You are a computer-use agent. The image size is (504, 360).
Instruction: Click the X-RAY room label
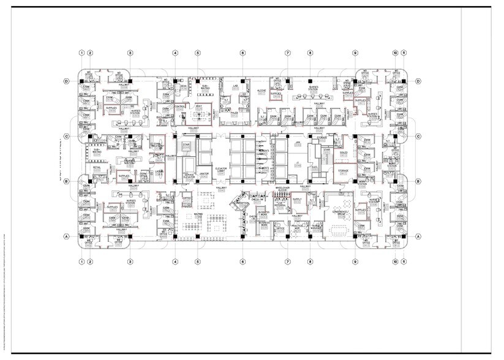(199, 107)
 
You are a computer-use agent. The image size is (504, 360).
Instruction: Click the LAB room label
(235, 86)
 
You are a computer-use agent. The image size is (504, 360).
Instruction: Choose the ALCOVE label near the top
(261, 90)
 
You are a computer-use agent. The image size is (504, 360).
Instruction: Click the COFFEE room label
(187, 198)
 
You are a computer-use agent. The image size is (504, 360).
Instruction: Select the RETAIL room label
(97, 167)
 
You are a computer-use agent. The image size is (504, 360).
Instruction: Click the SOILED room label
(344, 152)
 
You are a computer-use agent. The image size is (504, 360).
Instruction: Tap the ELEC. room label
(315, 167)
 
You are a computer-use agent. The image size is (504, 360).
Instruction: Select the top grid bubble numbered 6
(243, 53)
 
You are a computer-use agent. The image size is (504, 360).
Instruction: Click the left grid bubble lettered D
(66, 81)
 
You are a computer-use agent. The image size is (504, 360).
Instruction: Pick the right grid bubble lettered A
(419, 236)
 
